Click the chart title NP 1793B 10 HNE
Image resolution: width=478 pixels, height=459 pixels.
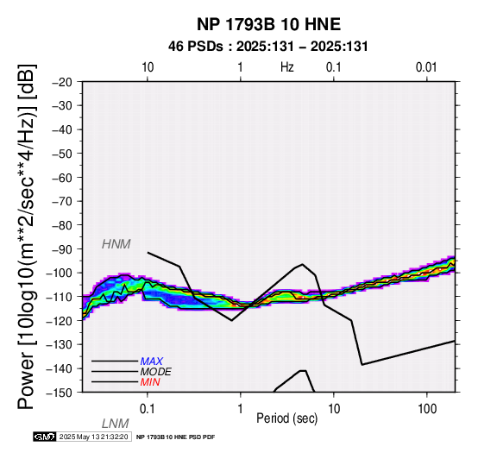click(x=268, y=24)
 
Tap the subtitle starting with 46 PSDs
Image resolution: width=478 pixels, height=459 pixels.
click(x=268, y=47)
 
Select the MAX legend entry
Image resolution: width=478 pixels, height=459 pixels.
click(x=152, y=362)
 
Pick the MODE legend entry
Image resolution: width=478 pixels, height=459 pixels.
click(x=156, y=372)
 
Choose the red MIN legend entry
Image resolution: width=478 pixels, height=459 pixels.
click(x=150, y=382)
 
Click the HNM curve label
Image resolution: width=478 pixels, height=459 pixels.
click(x=116, y=244)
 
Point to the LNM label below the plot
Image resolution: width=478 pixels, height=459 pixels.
click(x=116, y=424)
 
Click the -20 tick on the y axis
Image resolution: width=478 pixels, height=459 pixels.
click(x=62, y=82)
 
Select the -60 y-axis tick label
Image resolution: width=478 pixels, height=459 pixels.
click(x=62, y=178)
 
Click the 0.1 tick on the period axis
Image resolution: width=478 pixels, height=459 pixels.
click(x=148, y=409)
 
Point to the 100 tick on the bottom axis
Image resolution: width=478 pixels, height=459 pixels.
click(x=427, y=409)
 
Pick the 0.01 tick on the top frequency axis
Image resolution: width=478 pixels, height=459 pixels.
click(x=426, y=67)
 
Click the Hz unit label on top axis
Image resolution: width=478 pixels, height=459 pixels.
click(x=287, y=67)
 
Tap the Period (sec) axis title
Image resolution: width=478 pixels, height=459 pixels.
click(x=286, y=418)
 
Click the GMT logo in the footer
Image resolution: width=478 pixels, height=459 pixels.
click(x=45, y=437)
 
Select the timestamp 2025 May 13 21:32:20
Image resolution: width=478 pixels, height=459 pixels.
click(x=93, y=437)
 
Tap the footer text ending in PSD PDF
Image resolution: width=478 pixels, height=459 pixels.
click(x=176, y=437)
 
